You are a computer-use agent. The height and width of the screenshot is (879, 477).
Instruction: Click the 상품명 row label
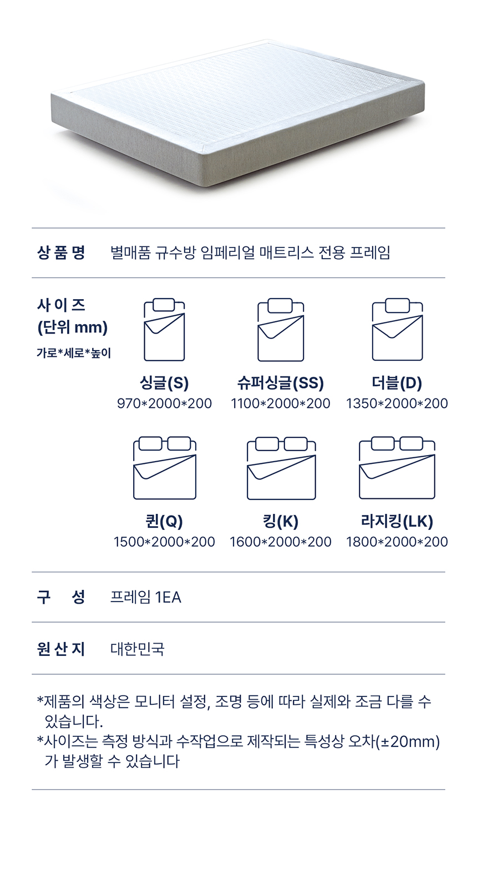(x=61, y=252)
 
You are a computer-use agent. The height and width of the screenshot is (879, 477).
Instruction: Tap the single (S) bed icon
(x=164, y=330)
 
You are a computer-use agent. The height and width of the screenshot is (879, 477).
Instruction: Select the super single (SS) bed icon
(x=281, y=330)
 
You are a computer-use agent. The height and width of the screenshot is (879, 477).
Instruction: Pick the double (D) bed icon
(x=397, y=330)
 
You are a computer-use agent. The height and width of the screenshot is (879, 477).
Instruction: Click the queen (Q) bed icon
(x=165, y=468)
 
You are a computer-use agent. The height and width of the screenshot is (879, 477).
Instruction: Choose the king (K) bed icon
(x=281, y=468)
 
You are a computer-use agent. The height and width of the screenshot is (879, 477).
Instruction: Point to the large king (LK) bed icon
(x=397, y=468)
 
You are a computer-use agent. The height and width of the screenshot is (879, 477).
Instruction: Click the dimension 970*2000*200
(x=164, y=403)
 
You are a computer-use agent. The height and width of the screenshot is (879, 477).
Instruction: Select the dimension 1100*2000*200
(x=281, y=403)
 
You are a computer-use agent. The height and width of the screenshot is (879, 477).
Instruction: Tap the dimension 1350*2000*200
(x=397, y=403)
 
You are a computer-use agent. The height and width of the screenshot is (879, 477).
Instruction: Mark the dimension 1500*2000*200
(x=164, y=542)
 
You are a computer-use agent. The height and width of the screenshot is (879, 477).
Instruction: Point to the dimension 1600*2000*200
(x=281, y=542)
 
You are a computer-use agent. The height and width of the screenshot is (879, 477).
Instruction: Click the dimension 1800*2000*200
(x=397, y=542)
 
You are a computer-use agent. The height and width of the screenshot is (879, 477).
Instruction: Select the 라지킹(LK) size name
(x=397, y=522)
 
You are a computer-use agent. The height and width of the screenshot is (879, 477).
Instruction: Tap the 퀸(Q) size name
(x=164, y=522)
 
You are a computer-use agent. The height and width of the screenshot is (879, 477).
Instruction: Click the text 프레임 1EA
(x=145, y=597)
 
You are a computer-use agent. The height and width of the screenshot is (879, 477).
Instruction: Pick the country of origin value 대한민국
(x=138, y=649)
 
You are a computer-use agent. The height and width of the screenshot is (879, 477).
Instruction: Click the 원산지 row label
(x=61, y=649)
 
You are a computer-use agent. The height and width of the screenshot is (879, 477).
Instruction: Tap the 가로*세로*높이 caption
(x=74, y=353)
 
